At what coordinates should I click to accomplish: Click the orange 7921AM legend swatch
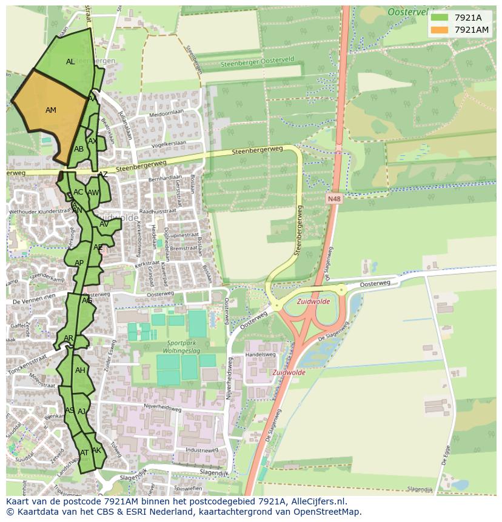point(440,30)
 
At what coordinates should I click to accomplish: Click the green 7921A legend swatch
point(440,18)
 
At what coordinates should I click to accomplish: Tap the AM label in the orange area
point(51,110)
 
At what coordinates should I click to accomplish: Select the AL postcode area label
point(70,62)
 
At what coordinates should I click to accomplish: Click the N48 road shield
point(333,198)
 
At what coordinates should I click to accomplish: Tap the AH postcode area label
point(80,370)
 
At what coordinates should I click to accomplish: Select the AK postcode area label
point(96,450)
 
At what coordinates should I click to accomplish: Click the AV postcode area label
point(104,224)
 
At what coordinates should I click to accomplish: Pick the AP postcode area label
point(79,263)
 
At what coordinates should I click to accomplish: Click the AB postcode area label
point(79,149)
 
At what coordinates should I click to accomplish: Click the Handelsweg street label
point(260,355)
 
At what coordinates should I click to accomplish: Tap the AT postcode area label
point(85,453)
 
